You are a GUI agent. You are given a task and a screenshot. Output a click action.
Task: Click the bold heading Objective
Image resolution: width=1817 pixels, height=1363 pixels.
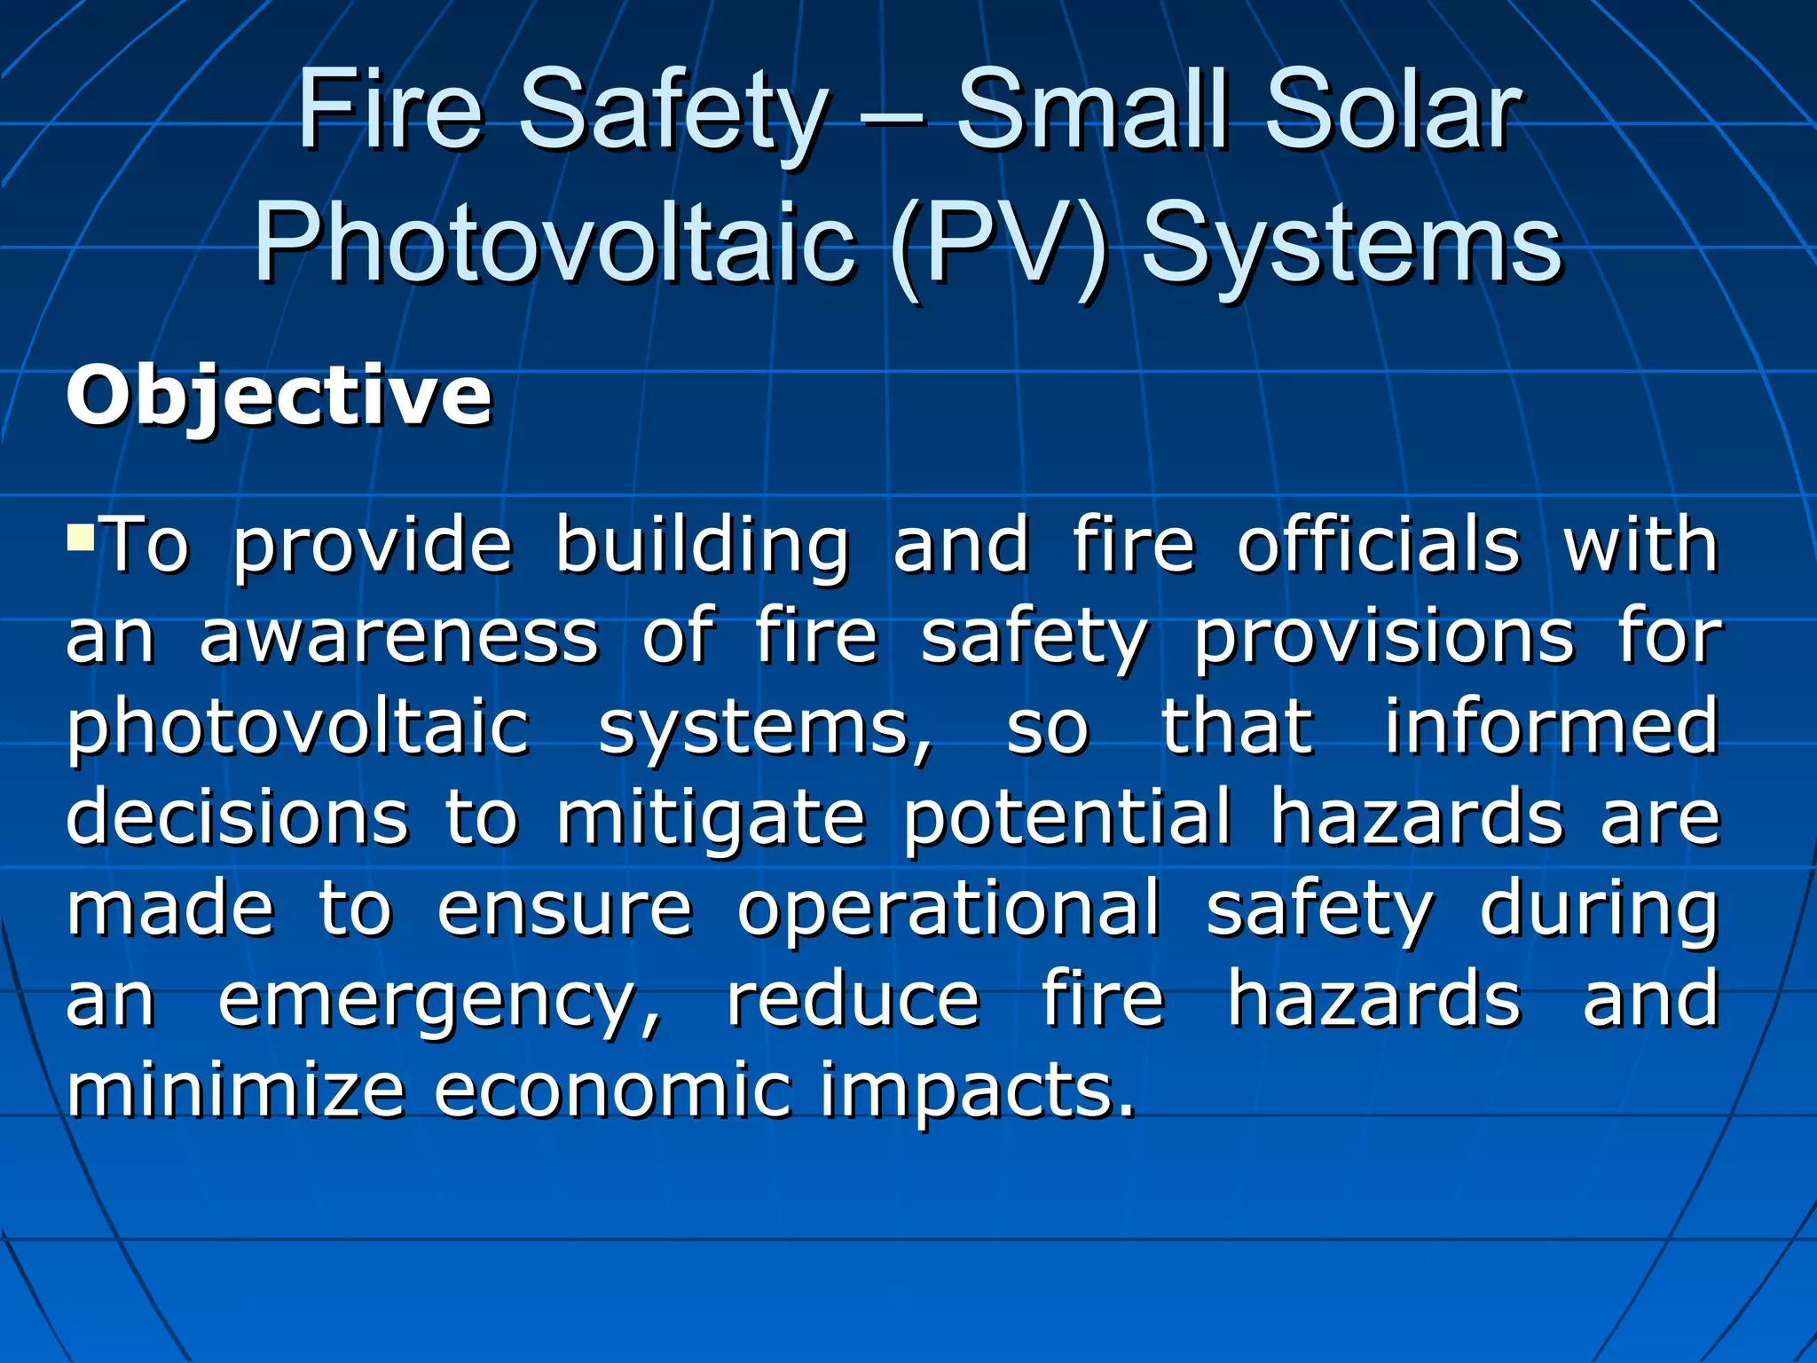(x=279, y=397)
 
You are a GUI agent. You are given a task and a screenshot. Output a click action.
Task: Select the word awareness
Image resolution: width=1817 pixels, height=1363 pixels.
(x=399, y=636)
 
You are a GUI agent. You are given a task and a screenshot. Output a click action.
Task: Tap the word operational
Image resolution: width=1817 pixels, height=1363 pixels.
(x=948, y=910)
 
